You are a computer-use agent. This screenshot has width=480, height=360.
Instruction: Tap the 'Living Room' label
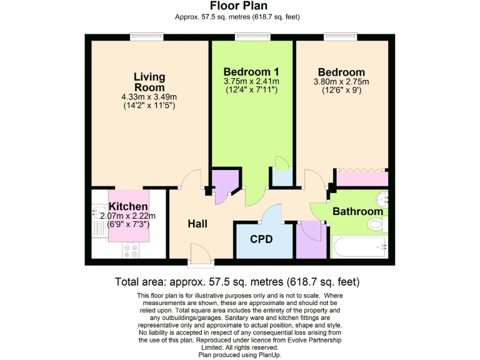pos(149,82)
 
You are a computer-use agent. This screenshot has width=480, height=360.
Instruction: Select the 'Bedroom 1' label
pos(251,71)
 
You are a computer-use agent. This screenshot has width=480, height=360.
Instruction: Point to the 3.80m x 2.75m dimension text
pos(341,81)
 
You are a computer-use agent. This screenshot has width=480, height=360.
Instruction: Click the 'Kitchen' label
pos(128,206)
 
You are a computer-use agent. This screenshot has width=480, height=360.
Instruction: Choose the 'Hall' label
pos(197,223)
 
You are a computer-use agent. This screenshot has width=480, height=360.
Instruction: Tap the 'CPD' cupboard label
pos(263,238)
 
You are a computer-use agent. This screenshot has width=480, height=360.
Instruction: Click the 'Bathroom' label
pos(357,211)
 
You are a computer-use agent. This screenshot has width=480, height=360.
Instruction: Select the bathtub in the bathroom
pos(360,247)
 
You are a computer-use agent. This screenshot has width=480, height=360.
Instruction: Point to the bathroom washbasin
pos(382,199)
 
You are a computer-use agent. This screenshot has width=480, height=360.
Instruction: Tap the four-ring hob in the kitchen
pos(131,250)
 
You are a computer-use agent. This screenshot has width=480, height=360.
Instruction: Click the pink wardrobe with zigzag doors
pos(361,177)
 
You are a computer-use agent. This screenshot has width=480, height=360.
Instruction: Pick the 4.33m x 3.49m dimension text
pos(149,97)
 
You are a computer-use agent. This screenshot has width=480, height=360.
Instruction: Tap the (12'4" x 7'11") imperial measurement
pos(251,90)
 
